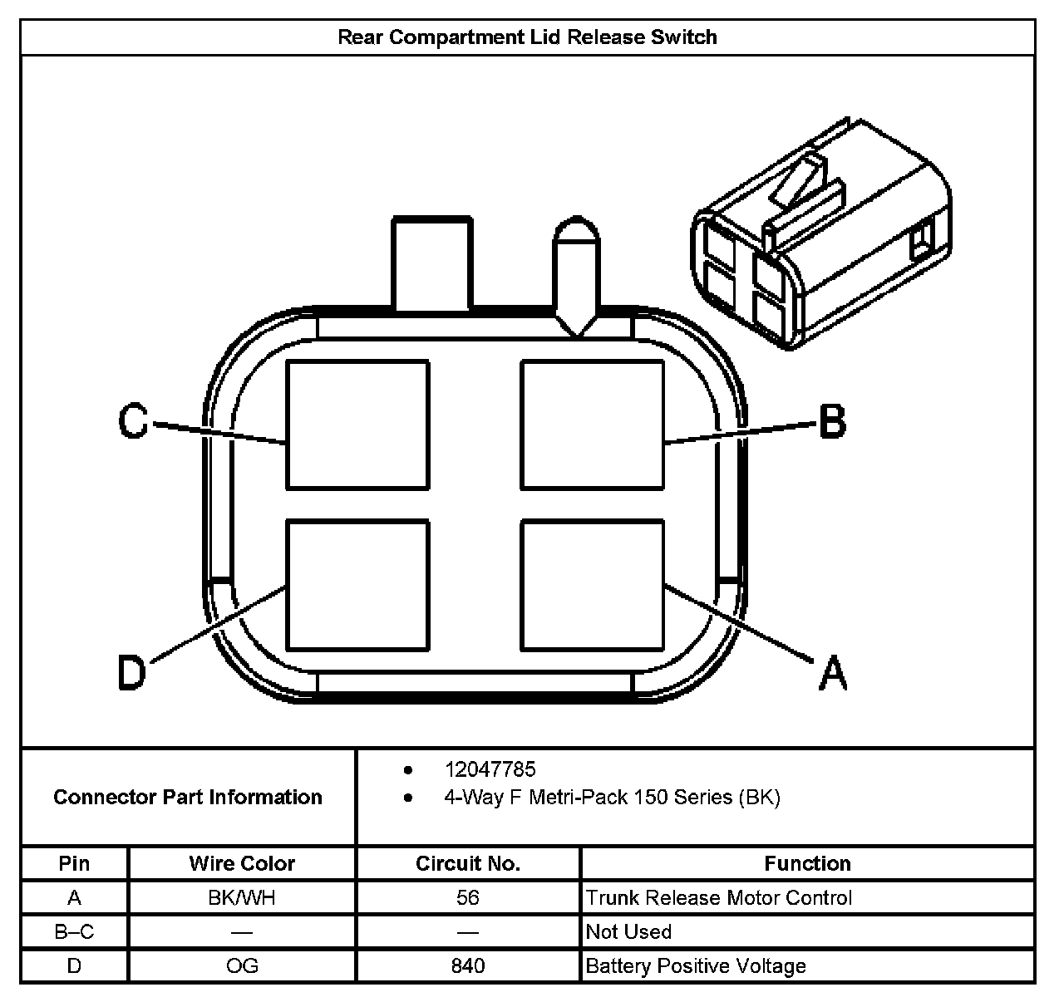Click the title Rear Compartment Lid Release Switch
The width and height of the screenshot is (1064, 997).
coord(527,37)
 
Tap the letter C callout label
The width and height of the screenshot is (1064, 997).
coord(133,421)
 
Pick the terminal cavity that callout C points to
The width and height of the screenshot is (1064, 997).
coord(357,425)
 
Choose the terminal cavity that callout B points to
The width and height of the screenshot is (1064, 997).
coord(592,425)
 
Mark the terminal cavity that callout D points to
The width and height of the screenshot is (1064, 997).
coord(357,585)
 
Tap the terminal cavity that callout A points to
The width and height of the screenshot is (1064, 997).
coord(592,585)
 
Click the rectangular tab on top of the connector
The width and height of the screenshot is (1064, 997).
coord(432,264)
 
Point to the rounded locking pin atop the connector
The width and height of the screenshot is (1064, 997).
coord(576,274)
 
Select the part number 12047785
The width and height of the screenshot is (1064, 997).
coord(490,769)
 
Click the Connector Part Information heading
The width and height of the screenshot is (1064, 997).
coord(188,797)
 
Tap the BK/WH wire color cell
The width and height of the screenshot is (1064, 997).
coord(242,897)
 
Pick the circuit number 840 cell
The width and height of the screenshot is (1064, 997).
coord(468,965)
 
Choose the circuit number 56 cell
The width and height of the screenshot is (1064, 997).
coord(468,897)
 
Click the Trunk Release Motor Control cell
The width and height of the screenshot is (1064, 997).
coord(719,897)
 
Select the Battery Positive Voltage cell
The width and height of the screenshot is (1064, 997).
coord(696,965)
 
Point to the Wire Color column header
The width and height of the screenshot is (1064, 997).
coord(242,863)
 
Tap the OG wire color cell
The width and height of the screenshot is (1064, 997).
coord(242,965)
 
